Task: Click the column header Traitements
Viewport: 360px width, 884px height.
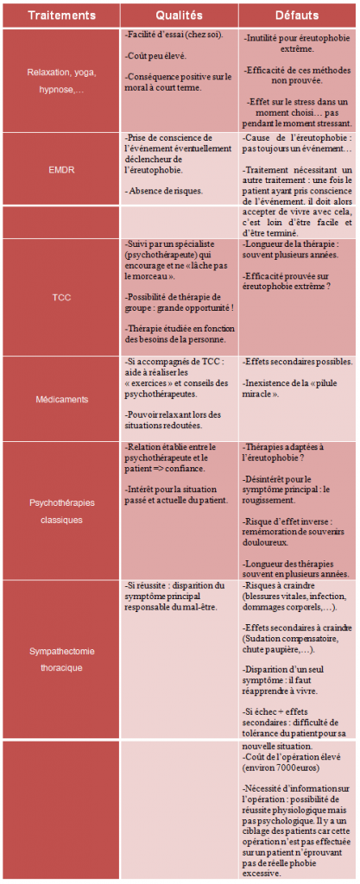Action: (x=60, y=15)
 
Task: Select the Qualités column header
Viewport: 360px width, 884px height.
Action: (x=179, y=15)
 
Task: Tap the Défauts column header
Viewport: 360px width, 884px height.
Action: (x=297, y=15)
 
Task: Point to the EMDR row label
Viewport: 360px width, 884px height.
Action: (x=60, y=170)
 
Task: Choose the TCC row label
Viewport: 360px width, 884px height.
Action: (x=60, y=297)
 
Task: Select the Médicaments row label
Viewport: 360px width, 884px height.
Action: (x=60, y=399)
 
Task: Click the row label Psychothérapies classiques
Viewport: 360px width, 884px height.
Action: (x=60, y=510)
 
